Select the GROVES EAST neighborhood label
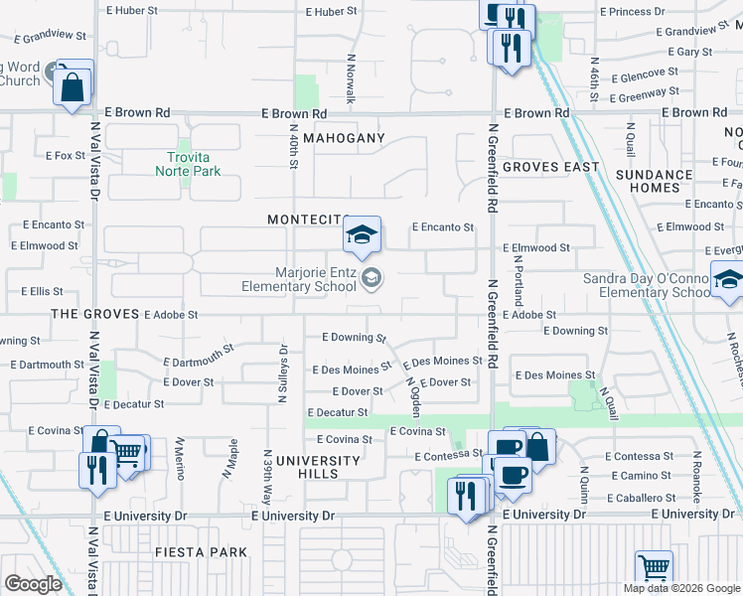point(550,167)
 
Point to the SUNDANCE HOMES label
point(654,181)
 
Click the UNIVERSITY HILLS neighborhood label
point(318,467)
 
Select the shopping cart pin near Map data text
point(654,570)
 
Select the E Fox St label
point(66,156)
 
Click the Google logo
point(33,584)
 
